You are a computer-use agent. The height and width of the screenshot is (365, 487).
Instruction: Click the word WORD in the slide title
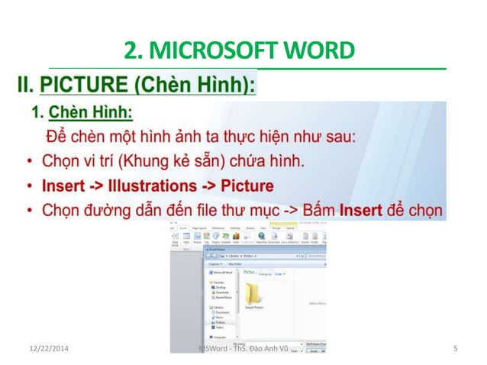(x=323, y=51)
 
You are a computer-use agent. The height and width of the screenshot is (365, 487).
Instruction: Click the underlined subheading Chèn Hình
(x=91, y=113)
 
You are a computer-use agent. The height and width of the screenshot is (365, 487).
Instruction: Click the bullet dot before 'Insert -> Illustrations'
(x=28, y=186)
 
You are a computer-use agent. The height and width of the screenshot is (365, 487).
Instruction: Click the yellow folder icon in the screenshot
(x=253, y=292)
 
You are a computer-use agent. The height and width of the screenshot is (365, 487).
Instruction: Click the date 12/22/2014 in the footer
(x=44, y=350)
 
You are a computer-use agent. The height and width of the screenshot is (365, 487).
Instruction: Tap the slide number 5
(x=455, y=350)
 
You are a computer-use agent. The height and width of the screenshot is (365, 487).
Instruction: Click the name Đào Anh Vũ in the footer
(x=263, y=350)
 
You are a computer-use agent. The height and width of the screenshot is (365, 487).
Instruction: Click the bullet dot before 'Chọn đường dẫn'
(x=28, y=210)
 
